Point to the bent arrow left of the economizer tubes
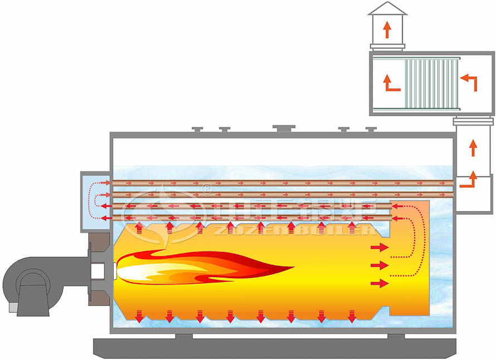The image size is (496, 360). click(392, 82)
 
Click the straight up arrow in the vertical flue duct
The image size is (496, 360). click(473, 147)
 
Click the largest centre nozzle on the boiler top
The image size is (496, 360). click(284, 129)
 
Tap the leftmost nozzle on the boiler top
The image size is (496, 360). click(197, 130)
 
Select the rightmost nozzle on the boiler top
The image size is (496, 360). click(371, 130)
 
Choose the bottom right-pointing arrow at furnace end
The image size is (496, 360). click(380, 284)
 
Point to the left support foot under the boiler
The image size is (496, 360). click(184, 336)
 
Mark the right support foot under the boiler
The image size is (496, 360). click(396, 336)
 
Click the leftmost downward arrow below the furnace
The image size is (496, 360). click(139, 316)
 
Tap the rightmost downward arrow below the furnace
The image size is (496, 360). click(352, 316)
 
